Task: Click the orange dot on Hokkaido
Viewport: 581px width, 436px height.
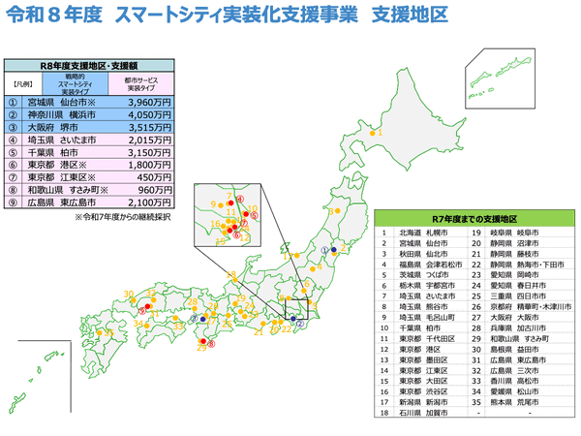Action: (371, 132)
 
